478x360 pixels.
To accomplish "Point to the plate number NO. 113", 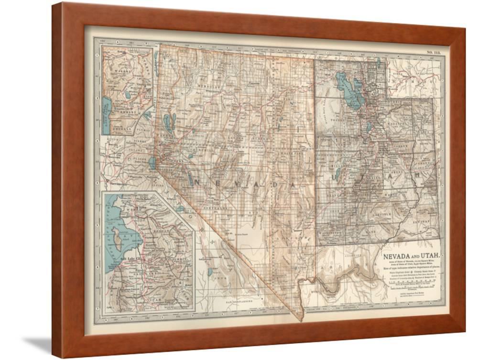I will (x=434, y=53).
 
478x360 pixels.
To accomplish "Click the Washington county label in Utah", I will (x=330, y=235).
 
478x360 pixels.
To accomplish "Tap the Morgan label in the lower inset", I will (x=165, y=229).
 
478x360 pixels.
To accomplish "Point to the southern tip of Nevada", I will (x=302, y=319).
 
